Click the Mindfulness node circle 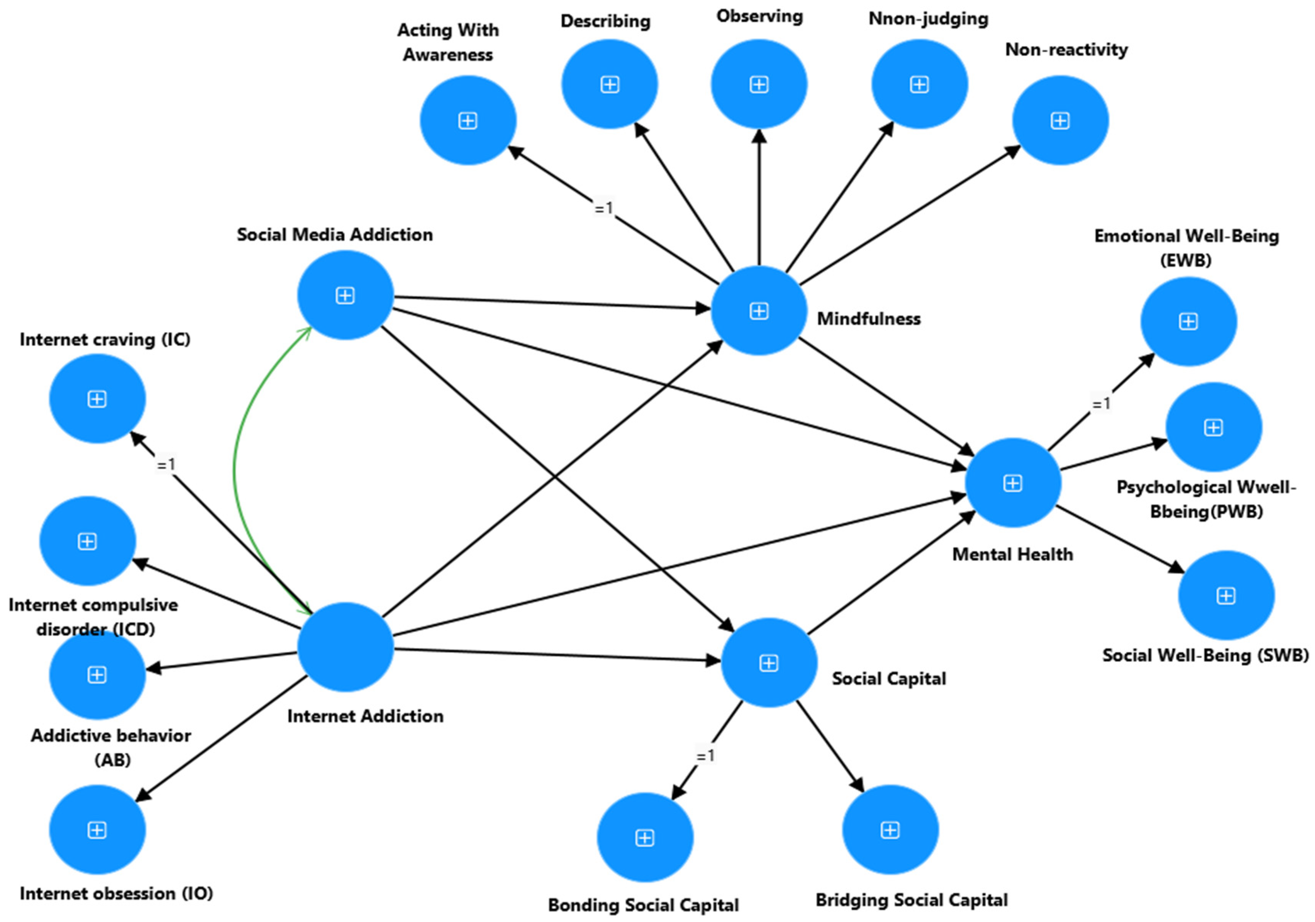coord(759,311)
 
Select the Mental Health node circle coord(1012,483)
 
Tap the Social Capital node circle coord(768,663)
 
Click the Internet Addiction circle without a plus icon coord(345,647)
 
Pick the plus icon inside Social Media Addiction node coord(345,296)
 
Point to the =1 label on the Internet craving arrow coord(166,464)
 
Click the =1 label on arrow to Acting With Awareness coord(604,208)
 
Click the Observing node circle coord(759,84)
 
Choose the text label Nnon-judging coord(928,19)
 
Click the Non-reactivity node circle coord(1060,120)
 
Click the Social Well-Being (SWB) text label coord(1205,655)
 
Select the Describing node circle coord(609,84)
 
